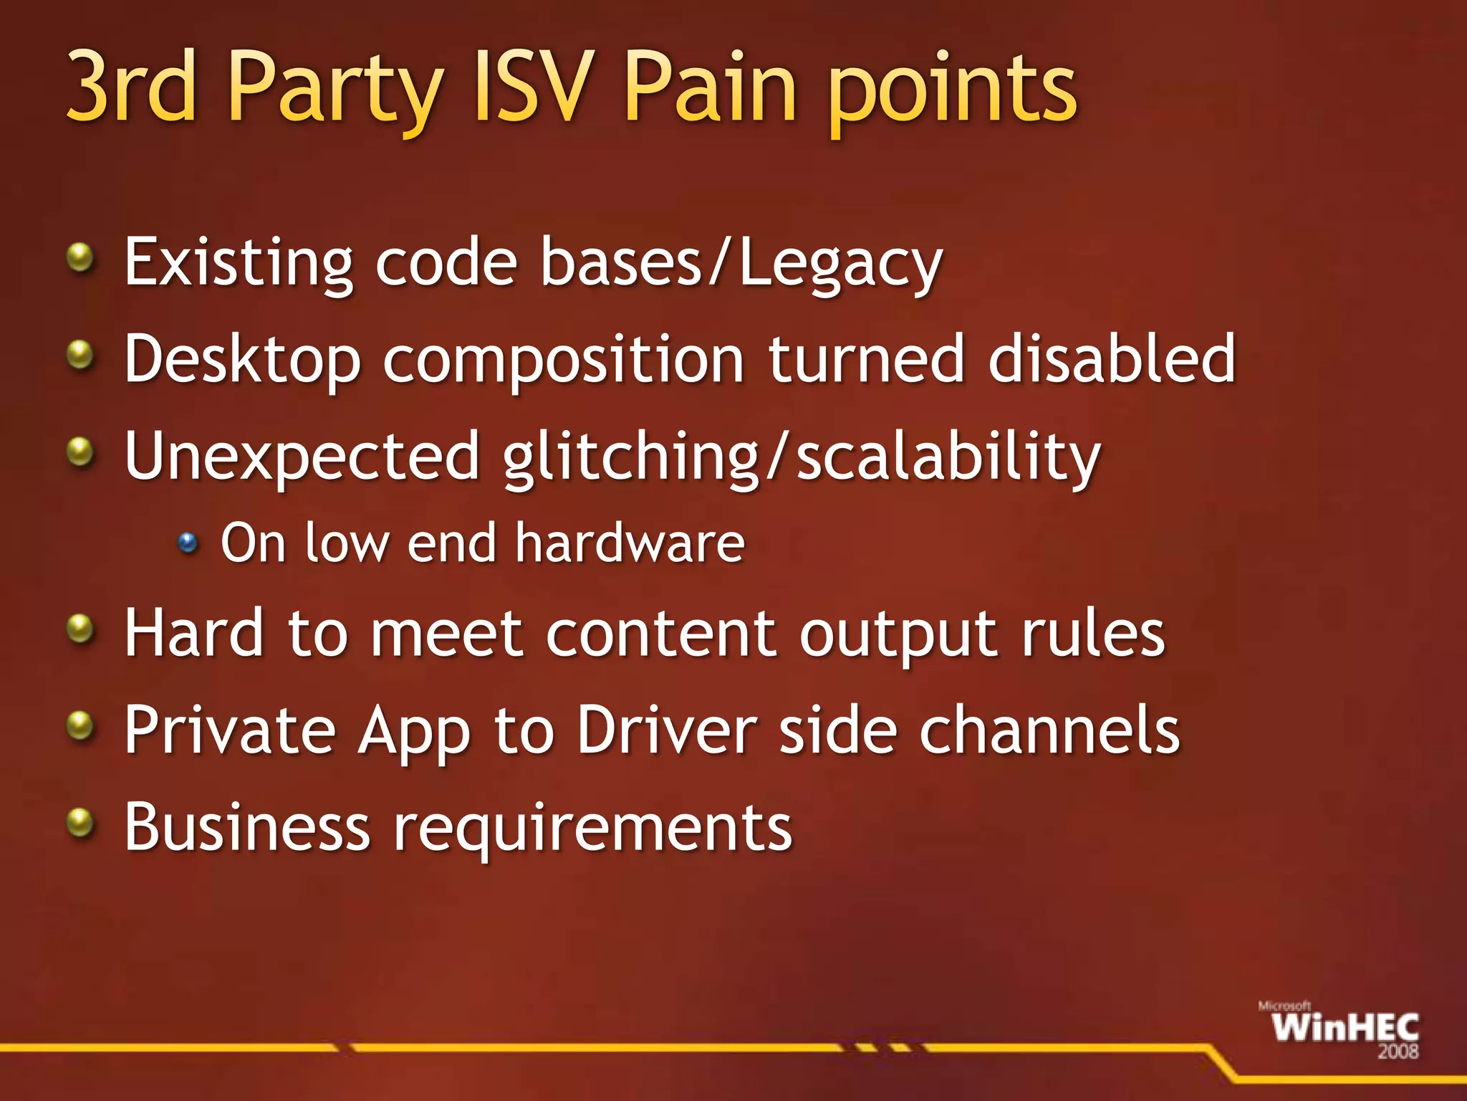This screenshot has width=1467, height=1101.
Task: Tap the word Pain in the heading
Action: click(x=708, y=87)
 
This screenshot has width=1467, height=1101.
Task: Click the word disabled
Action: click(x=1111, y=358)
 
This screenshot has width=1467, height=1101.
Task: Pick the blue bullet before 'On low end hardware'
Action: click(x=188, y=543)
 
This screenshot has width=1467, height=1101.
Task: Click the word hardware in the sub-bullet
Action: click(x=630, y=543)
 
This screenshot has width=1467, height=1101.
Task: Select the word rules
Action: click(x=1093, y=635)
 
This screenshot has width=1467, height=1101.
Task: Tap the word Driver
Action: click(x=666, y=731)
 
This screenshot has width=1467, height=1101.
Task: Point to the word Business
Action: click(x=247, y=827)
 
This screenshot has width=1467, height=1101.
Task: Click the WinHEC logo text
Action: click(x=1345, y=1028)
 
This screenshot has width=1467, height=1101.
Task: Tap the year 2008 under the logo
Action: click(x=1398, y=1052)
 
